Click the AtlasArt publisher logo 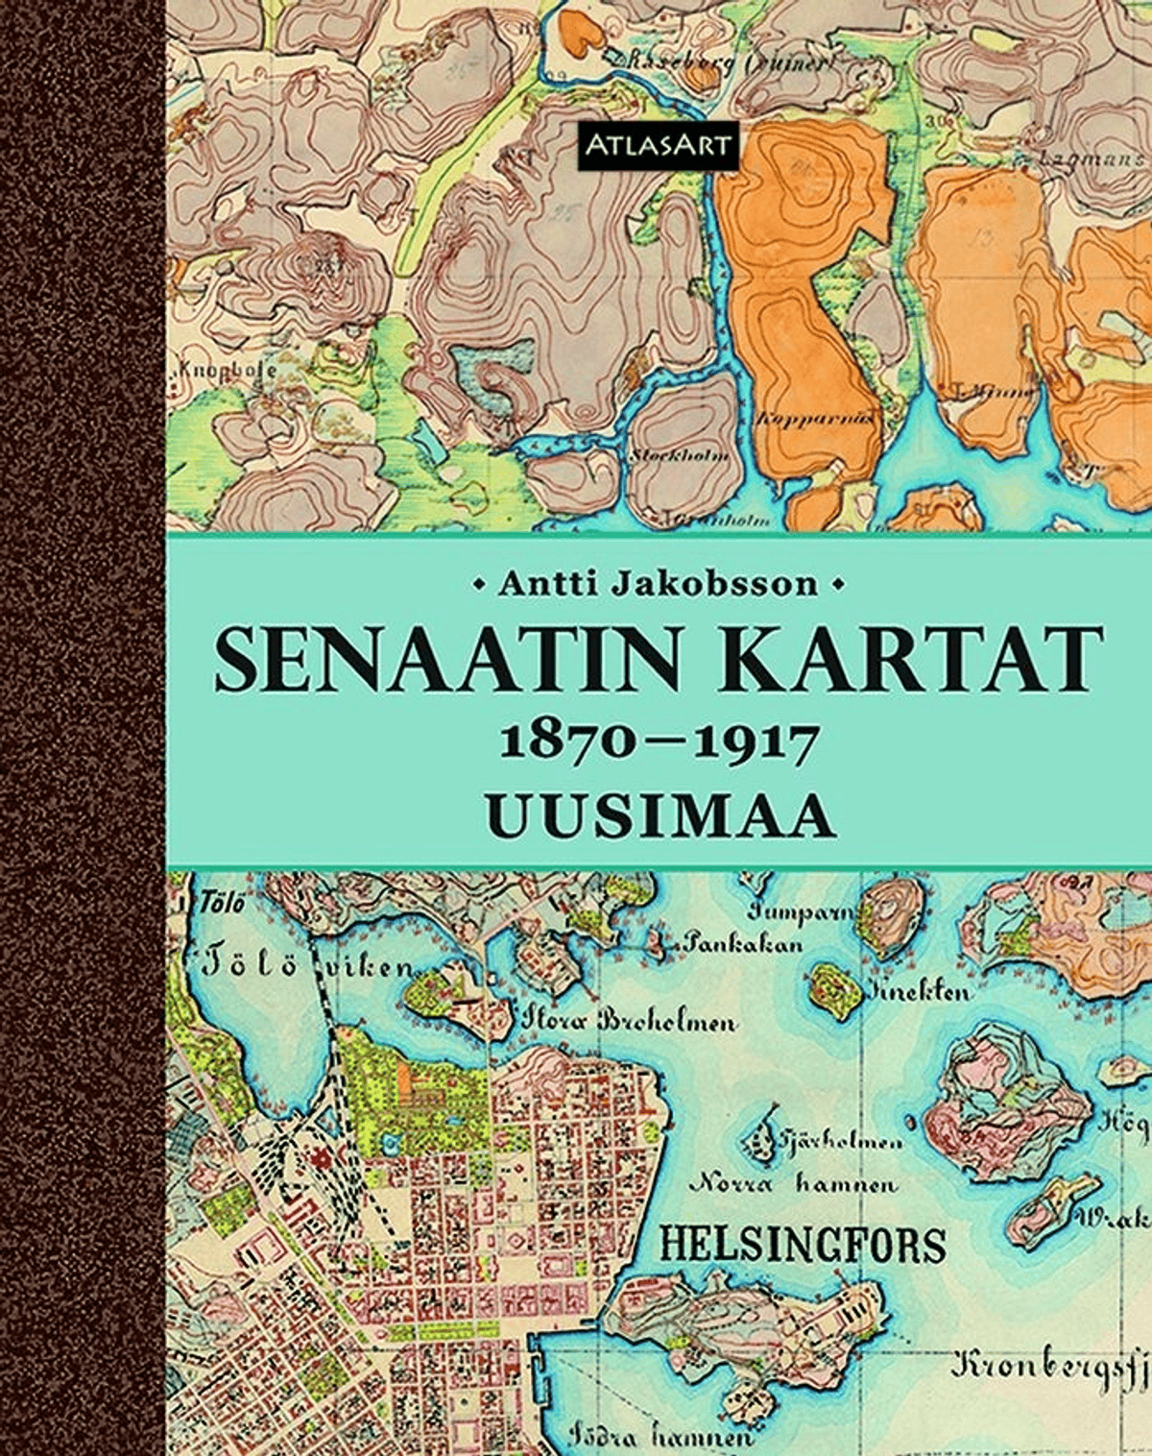(659, 147)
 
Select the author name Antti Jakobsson (658, 584)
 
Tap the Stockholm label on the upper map (672, 456)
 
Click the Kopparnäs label (817, 420)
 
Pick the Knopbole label (227, 369)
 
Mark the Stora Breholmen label (629, 1020)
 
